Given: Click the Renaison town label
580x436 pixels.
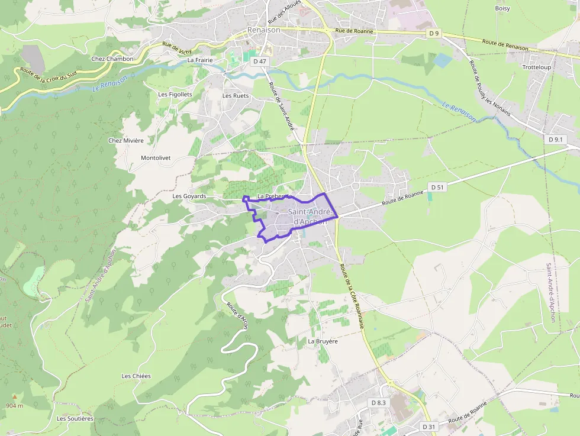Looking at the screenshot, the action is pos(263,30).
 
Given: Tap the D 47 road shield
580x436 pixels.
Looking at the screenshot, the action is pos(259,61).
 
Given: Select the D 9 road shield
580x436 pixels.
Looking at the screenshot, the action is pos(434,34).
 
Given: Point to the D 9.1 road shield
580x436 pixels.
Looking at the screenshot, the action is pos(556,140).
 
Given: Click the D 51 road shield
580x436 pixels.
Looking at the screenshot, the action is pos(437,187).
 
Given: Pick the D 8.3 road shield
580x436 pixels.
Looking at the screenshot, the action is pos(378,403).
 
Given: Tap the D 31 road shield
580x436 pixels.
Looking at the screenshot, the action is pos(429,427).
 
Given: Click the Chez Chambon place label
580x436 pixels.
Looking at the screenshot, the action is pos(112,59).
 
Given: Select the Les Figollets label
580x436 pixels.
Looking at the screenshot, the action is pos(175,94).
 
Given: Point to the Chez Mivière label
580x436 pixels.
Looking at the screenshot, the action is pos(126,140).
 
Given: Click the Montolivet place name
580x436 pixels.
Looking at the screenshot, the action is pos(156,158).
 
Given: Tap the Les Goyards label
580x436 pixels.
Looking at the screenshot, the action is pos(189,196).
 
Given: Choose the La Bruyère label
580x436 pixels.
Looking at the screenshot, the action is pos(323,341).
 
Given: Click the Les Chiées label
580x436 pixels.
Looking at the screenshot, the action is pos(136,376).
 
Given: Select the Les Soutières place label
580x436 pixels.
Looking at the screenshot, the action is pos(75,418).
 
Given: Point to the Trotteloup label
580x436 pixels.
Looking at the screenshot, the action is pos(537,67).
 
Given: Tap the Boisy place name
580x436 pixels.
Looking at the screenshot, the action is pos(502,8).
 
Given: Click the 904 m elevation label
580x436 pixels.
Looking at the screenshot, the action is pos(14,405).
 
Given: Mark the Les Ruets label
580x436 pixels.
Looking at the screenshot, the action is pos(236,95).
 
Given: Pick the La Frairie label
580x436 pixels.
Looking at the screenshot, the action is pos(199,60).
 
